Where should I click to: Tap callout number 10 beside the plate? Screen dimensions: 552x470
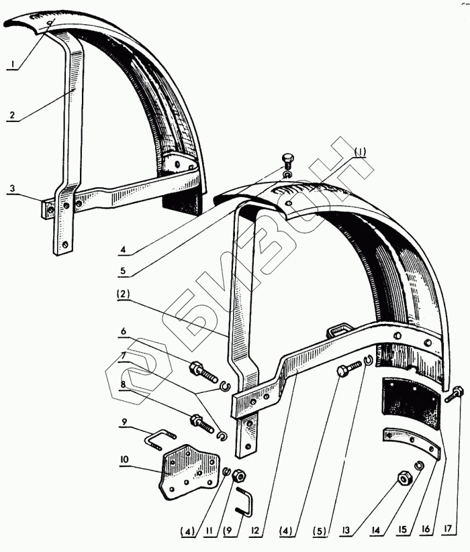(125, 460)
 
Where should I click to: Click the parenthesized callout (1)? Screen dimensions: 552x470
(360, 152)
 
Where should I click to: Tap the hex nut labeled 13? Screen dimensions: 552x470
(406, 478)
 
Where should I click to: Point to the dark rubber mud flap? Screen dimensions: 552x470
(410, 406)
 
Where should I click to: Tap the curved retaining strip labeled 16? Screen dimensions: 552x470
(410, 445)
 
